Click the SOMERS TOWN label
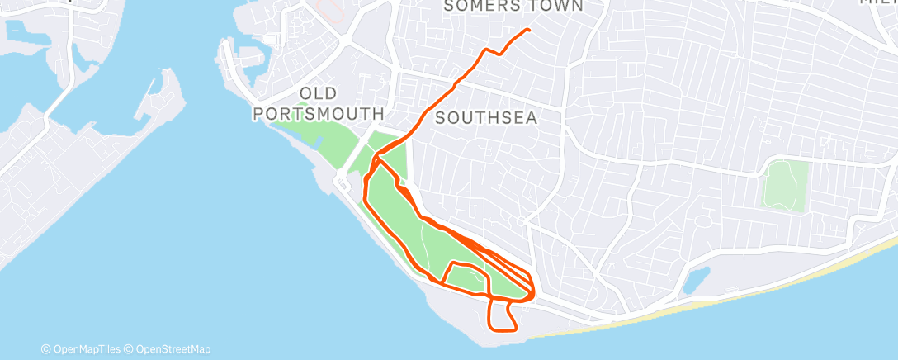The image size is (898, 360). (x=513, y=7)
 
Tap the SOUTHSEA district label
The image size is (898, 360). (x=486, y=117)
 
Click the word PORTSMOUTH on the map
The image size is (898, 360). (x=319, y=112)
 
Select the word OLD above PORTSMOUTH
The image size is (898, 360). (x=319, y=92)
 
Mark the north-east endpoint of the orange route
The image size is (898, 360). (x=527, y=31)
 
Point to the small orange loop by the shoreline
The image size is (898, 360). (x=503, y=316)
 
